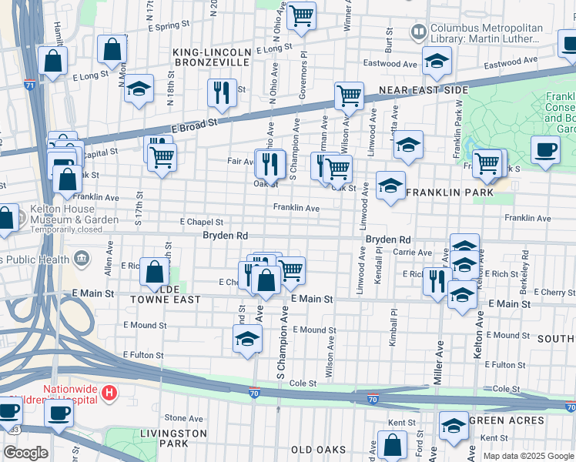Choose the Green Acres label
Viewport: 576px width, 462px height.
pos(507,420)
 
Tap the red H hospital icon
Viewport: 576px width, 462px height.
pos(109,393)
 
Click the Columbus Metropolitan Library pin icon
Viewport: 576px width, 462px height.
pos(419,33)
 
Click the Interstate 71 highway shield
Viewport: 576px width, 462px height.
pos(30,85)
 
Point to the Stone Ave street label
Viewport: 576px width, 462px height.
pos(183,418)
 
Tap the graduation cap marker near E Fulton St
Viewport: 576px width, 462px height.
pos(247,338)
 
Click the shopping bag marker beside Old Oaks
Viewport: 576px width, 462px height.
pos(393,444)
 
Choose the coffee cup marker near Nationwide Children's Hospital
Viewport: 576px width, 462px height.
pos(58,413)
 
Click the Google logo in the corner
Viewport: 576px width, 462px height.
pos(26,453)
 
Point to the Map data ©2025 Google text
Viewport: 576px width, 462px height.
pos(527,456)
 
